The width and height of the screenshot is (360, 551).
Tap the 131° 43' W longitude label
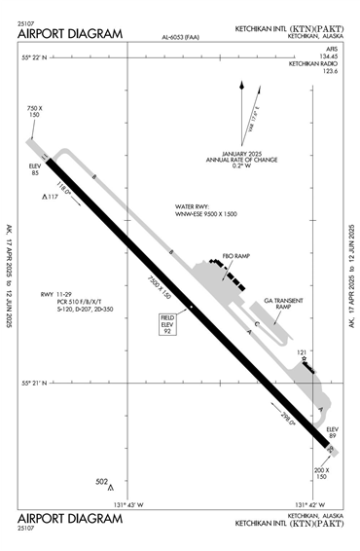(128, 504)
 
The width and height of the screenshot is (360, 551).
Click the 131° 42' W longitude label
(308, 504)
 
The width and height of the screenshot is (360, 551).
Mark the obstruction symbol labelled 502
(111, 486)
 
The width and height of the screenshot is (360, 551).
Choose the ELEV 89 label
(332, 432)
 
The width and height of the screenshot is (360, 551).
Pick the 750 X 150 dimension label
(35, 111)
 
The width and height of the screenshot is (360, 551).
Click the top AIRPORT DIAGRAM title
(70, 33)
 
